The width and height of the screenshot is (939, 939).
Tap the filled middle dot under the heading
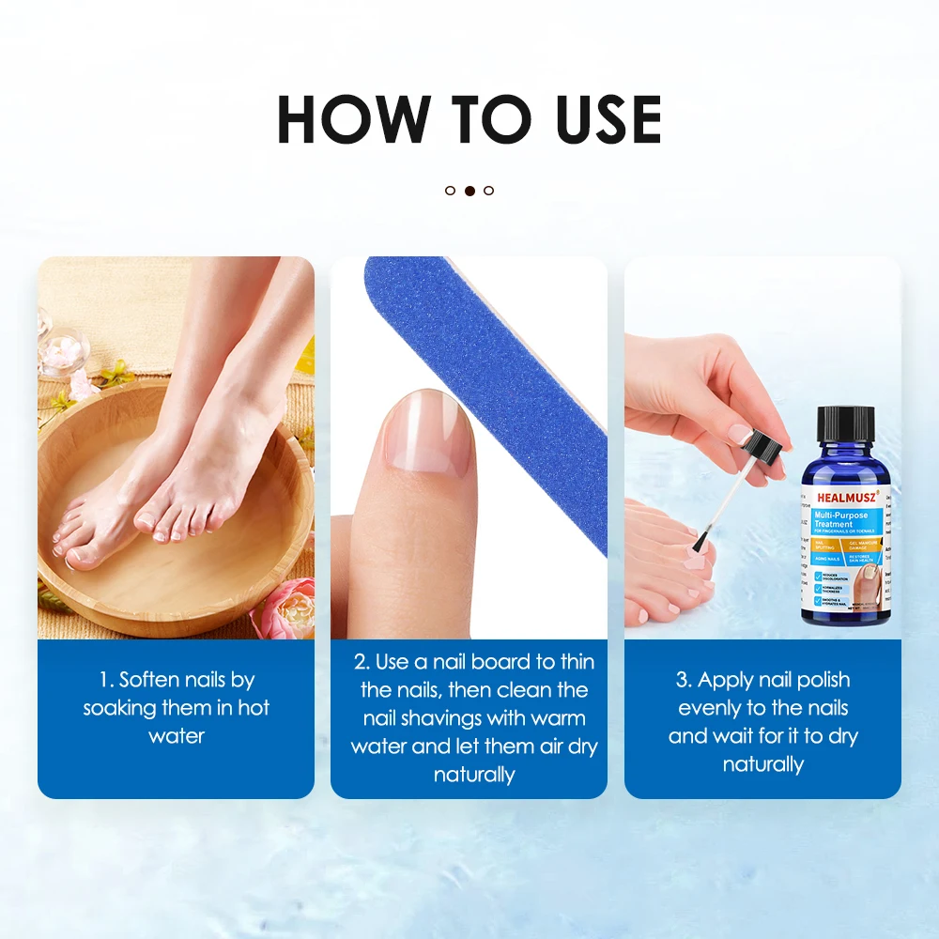click(469, 191)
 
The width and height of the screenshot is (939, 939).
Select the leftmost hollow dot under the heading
click(450, 191)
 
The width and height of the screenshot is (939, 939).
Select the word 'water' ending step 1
click(177, 736)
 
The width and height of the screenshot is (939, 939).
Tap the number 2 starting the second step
click(360, 662)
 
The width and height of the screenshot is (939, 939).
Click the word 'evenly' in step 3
click(711, 708)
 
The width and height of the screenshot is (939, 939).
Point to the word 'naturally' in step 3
click(762, 764)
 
